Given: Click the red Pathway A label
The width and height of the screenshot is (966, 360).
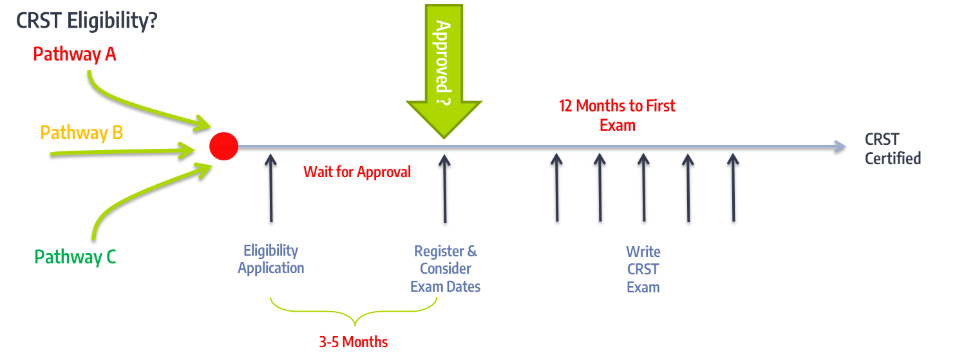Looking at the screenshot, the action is pyautogui.click(x=75, y=55).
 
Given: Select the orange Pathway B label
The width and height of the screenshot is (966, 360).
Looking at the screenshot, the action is pyautogui.click(x=82, y=133).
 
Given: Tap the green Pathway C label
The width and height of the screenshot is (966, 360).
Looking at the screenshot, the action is pyautogui.click(x=75, y=257).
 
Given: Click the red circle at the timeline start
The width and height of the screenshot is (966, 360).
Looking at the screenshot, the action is pyautogui.click(x=224, y=147).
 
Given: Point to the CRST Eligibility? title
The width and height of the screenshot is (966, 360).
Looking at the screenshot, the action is pyautogui.click(x=87, y=21).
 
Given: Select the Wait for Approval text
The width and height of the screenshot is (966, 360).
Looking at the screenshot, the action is pyautogui.click(x=357, y=172).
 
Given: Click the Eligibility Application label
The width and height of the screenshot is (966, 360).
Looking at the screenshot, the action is pyautogui.click(x=271, y=259).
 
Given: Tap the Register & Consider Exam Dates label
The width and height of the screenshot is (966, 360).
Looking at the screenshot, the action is pyautogui.click(x=446, y=269).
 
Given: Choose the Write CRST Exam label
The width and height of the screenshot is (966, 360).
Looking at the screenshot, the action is pyautogui.click(x=643, y=269).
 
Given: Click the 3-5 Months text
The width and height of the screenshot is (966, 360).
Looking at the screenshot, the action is pyautogui.click(x=353, y=342).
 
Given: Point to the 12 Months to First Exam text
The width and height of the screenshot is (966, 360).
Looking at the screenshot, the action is pyautogui.click(x=617, y=115).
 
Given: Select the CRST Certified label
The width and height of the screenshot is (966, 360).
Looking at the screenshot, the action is pyautogui.click(x=893, y=149).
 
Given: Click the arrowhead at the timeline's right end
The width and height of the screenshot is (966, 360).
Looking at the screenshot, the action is pyautogui.click(x=840, y=147).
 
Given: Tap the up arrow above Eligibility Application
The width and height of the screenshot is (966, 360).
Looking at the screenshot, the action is pyautogui.click(x=271, y=188).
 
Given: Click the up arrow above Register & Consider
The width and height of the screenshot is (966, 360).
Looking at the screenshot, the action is pyautogui.click(x=444, y=189).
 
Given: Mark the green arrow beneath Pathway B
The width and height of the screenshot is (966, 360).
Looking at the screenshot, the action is pyautogui.click(x=123, y=152).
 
